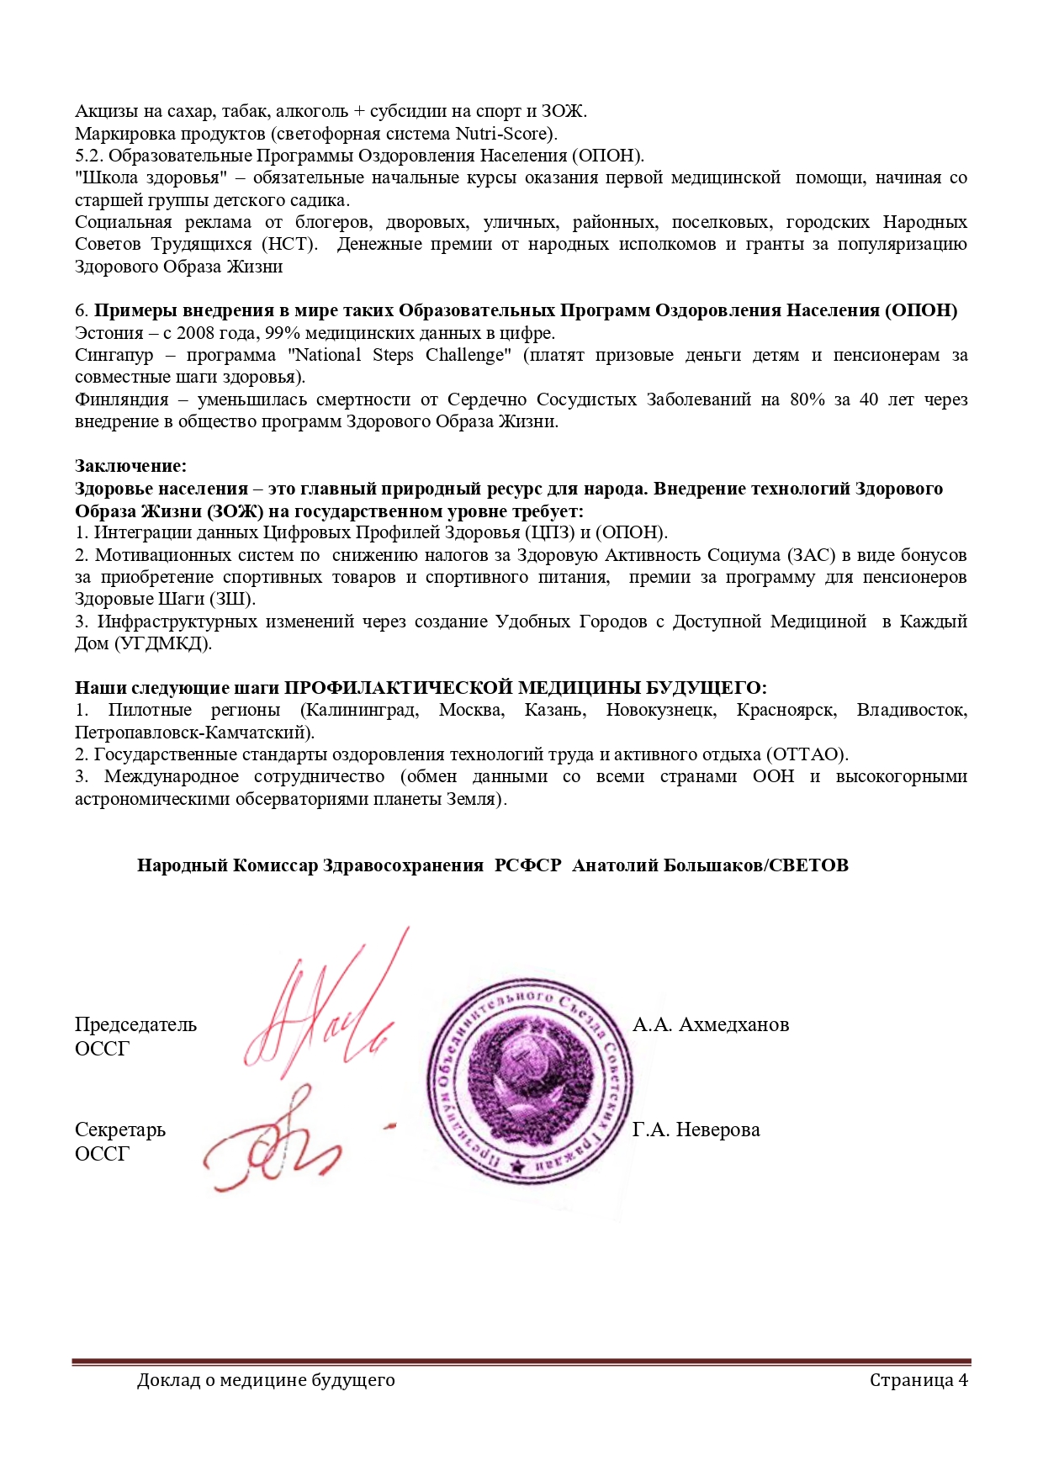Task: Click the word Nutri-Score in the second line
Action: (502, 134)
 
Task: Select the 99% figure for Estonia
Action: (283, 333)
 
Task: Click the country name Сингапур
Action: (114, 355)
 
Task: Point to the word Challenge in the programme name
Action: (468, 355)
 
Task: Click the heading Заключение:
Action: (131, 466)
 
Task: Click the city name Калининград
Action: (359, 710)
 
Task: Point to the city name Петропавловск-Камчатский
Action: (194, 733)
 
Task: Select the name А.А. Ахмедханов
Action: (711, 1024)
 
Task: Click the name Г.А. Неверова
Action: (696, 1129)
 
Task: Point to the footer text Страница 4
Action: (919, 1380)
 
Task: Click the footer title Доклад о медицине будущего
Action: (266, 1380)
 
